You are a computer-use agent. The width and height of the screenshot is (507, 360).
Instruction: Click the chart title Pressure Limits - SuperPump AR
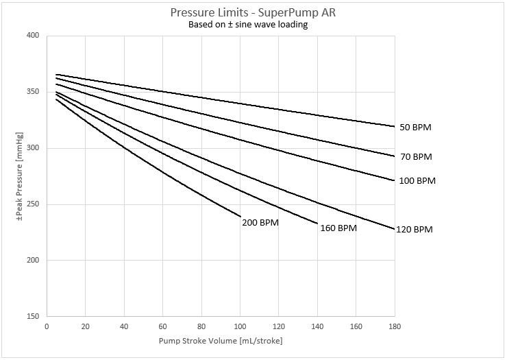pos(253,13)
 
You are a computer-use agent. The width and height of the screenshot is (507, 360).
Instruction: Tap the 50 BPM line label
pos(415,128)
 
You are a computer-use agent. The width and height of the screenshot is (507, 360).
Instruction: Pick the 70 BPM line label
pos(416,157)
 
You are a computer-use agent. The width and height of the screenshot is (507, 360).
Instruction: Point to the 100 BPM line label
pos(417,181)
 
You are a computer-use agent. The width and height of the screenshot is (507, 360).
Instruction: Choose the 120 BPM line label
pos(415,230)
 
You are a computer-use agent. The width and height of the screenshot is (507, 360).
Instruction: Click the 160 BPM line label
pos(338,228)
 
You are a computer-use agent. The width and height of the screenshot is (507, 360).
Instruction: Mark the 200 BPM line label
pos(260,222)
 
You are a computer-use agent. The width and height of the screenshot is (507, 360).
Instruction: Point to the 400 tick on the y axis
pos(32,36)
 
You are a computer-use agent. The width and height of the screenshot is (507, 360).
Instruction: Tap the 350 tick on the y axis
pos(32,92)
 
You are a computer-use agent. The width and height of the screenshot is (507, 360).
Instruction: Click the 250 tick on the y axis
pos(32,204)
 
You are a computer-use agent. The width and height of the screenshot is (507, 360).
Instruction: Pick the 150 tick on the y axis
pos(32,317)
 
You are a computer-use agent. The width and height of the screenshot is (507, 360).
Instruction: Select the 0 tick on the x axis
pos(46,327)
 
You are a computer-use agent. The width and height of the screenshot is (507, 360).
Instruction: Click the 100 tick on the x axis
pos(240,327)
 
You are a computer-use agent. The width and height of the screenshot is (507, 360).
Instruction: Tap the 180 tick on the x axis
pos(395,327)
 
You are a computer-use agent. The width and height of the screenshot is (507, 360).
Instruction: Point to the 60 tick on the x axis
pos(162,327)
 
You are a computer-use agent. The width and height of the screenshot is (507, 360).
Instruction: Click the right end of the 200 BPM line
pos(240,217)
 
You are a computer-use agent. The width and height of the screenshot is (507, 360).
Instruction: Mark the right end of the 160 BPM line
pos(317,224)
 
